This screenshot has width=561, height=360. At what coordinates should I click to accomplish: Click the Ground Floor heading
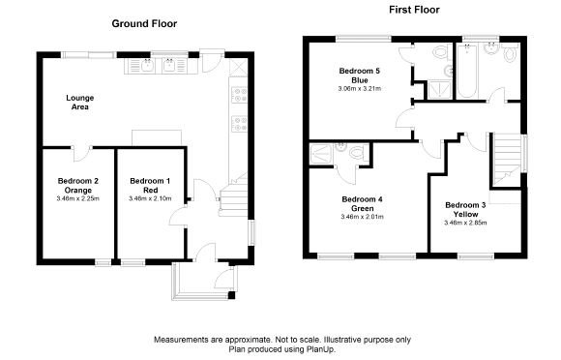point(144,22)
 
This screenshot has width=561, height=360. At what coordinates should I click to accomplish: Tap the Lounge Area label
point(78,103)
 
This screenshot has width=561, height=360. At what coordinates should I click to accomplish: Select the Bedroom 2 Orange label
point(78,186)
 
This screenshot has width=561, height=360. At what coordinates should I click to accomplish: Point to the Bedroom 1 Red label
point(150,186)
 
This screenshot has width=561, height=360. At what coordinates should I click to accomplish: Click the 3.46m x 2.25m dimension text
point(78,198)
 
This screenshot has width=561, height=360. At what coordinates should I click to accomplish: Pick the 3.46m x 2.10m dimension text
point(150,198)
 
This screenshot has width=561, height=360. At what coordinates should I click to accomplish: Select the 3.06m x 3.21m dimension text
point(360,88)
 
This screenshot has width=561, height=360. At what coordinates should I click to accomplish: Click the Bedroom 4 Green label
point(363,203)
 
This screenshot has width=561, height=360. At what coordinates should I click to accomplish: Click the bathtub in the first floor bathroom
point(471,72)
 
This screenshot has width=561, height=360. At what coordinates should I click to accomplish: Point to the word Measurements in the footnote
point(181,339)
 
